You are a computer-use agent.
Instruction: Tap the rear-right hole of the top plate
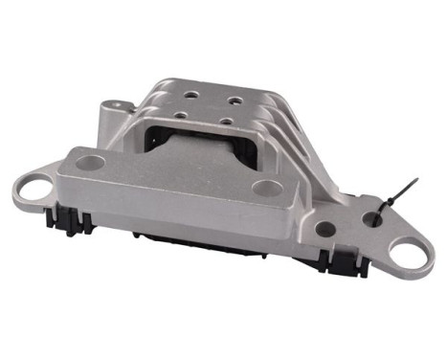[235, 99]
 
